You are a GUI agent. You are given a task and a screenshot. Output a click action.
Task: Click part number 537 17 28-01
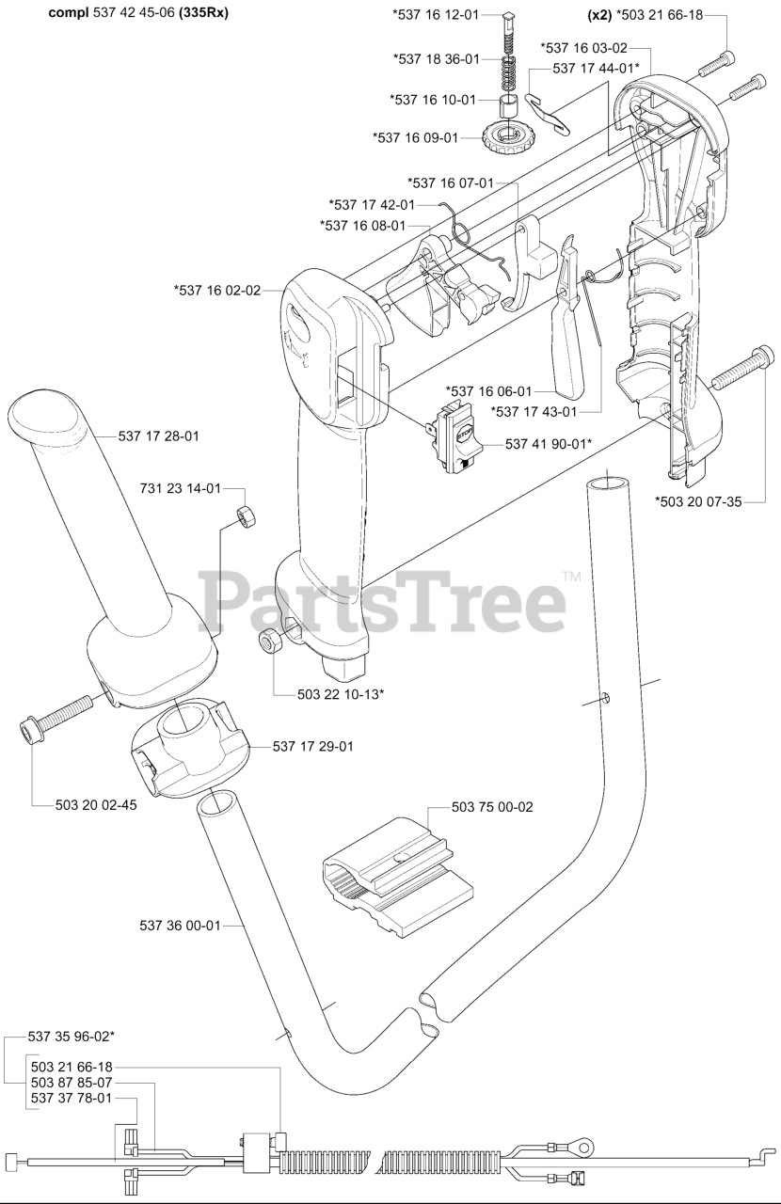click(x=158, y=436)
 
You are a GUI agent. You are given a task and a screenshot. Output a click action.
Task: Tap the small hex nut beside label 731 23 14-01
click(x=246, y=515)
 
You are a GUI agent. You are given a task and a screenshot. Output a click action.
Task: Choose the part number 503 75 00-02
click(x=492, y=807)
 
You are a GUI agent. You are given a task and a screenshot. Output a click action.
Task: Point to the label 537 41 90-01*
click(x=549, y=443)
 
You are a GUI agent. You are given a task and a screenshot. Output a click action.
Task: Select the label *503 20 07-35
click(x=698, y=501)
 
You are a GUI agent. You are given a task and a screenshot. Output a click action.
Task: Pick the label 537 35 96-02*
click(x=72, y=1036)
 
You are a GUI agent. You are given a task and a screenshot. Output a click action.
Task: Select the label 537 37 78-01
click(x=72, y=1098)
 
